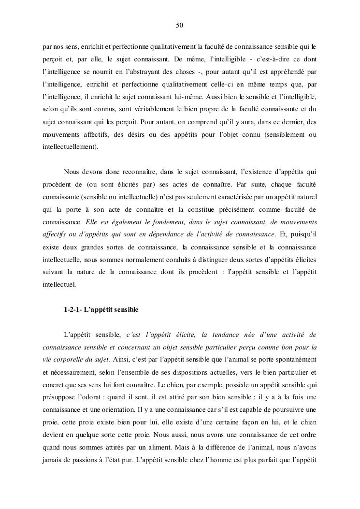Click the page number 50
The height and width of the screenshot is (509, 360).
pyautogui.click(x=179, y=25)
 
